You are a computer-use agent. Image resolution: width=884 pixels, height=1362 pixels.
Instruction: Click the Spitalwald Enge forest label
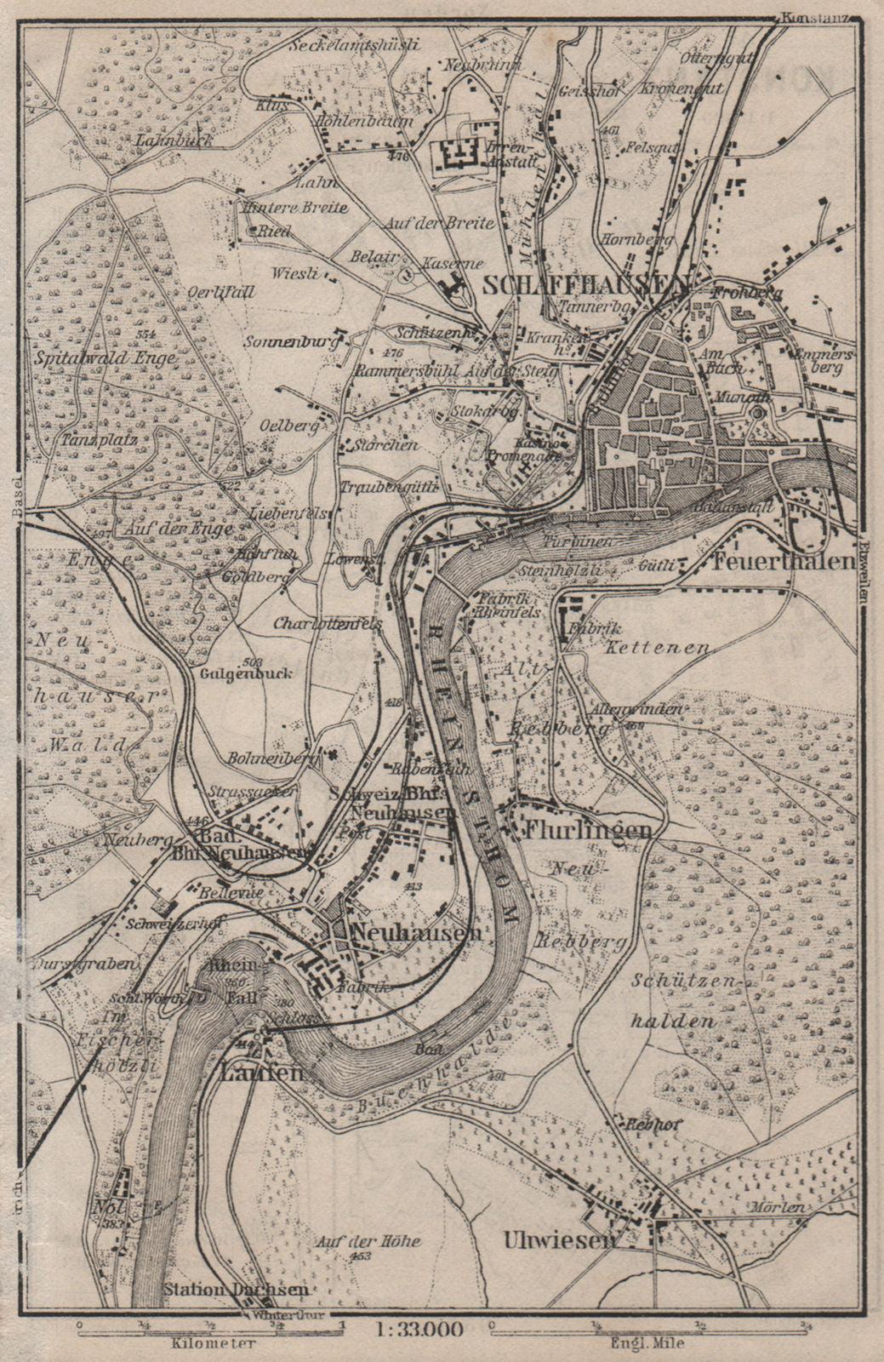pyautogui.click(x=105, y=358)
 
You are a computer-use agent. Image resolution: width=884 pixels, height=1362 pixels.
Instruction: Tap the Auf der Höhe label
pyautogui.click(x=367, y=1241)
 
